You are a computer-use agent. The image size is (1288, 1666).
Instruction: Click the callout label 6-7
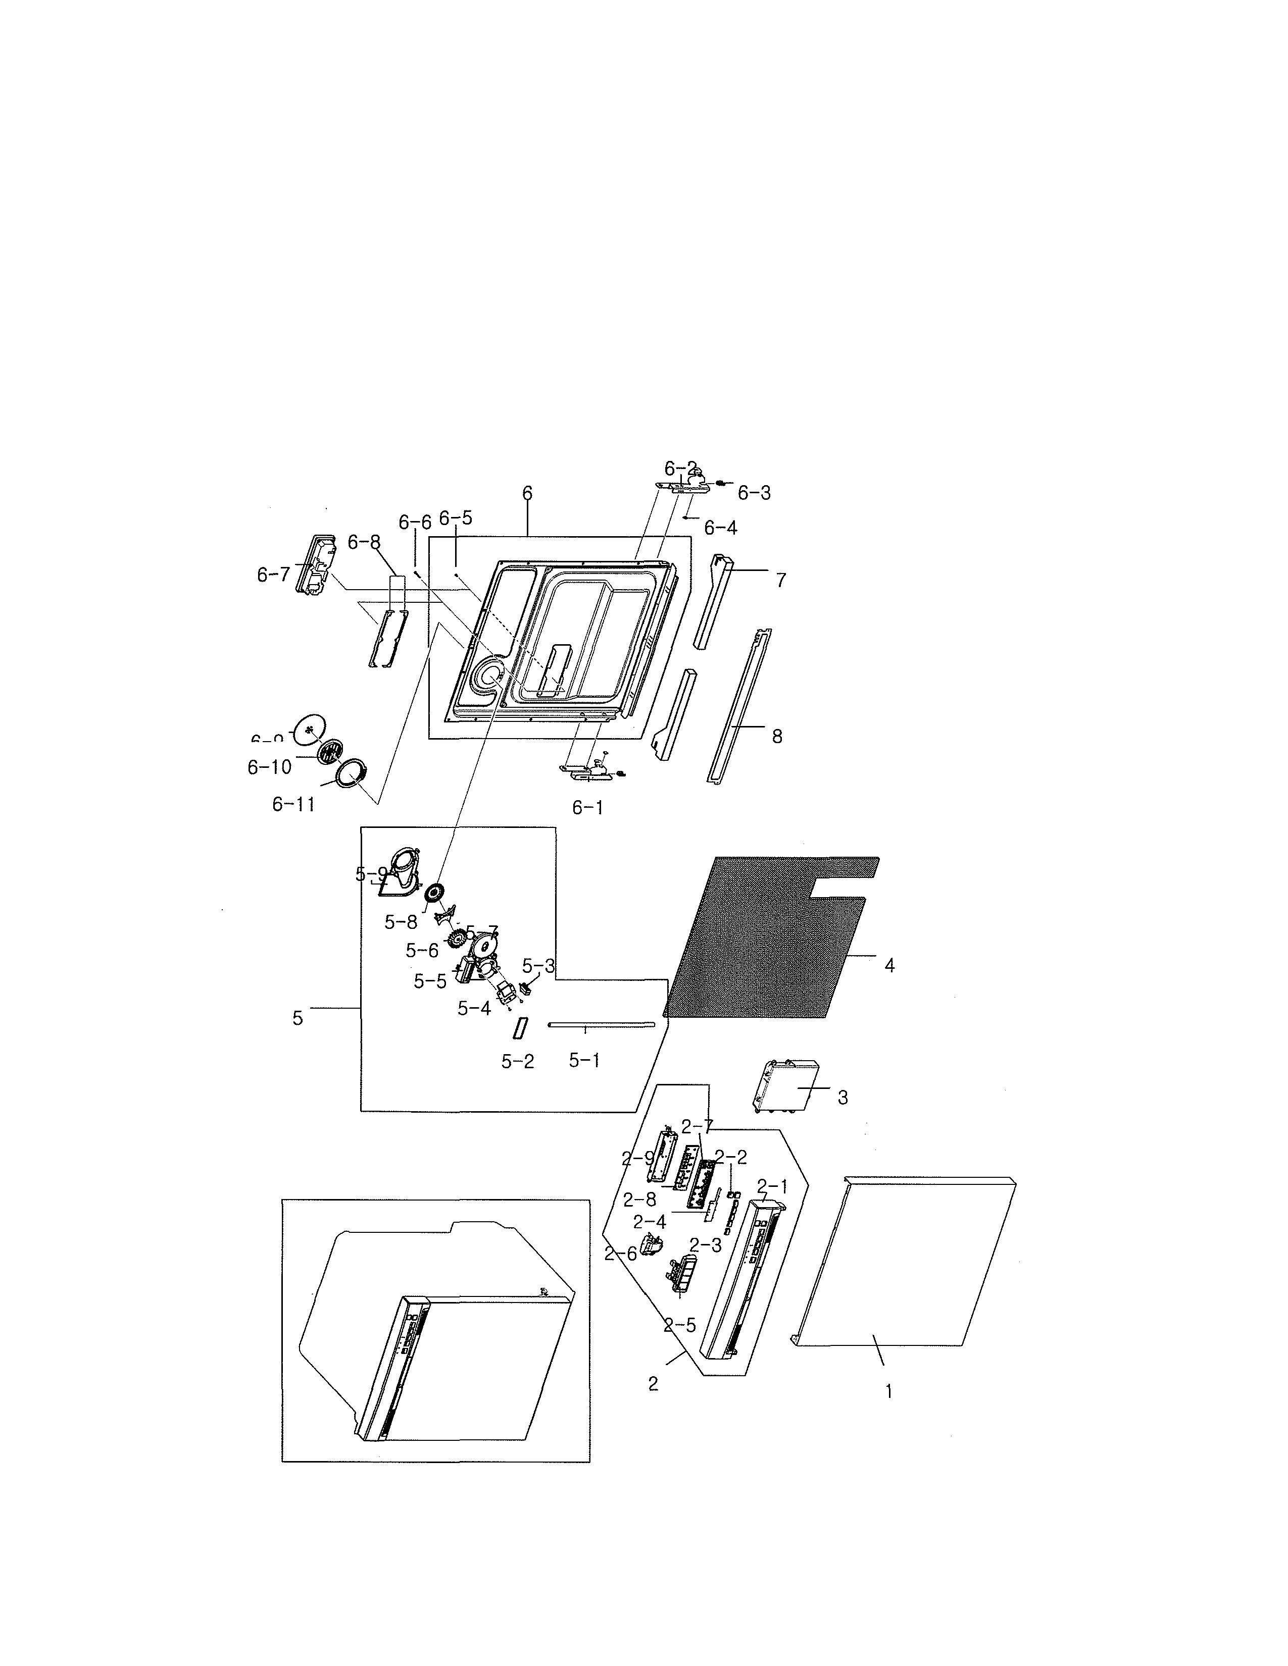pyautogui.click(x=273, y=575)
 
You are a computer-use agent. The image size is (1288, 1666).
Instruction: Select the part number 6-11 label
pyautogui.click(x=294, y=804)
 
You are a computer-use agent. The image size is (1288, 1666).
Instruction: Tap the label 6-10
pyautogui.click(x=269, y=767)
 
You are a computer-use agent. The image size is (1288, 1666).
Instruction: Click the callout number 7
pyautogui.click(x=780, y=581)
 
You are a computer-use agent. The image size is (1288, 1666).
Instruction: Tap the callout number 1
pyautogui.click(x=888, y=1391)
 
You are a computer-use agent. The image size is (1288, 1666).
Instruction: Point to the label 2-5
pyautogui.click(x=679, y=1325)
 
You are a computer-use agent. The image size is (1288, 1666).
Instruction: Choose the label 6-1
pyautogui.click(x=587, y=807)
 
